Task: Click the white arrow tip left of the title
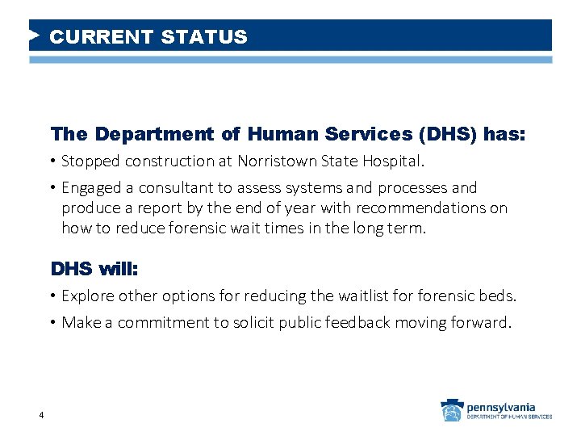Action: coord(35,36)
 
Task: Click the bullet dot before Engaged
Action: coord(53,188)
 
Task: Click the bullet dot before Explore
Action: coord(53,296)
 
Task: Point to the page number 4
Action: coord(40,416)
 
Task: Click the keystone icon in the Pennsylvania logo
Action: coord(450,411)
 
